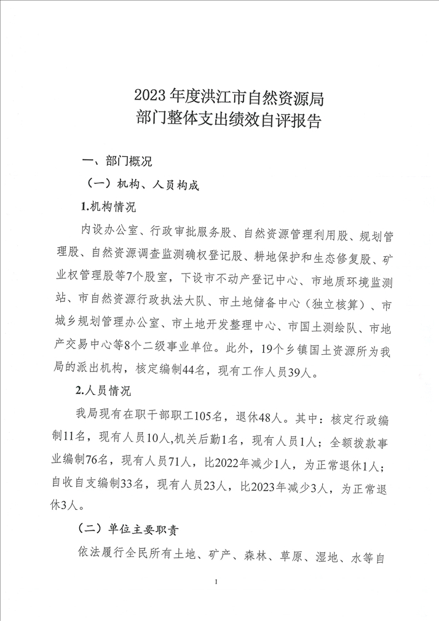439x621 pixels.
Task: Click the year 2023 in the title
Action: point(151,97)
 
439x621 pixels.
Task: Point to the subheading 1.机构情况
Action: point(108,205)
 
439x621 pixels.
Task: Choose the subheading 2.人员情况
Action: point(108,390)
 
